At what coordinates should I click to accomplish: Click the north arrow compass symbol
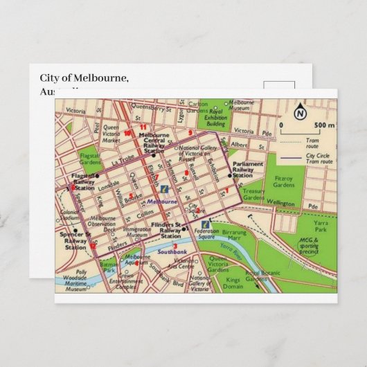point(300,112)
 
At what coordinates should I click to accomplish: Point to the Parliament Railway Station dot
point(229,177)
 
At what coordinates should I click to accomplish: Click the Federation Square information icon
point(197,224)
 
